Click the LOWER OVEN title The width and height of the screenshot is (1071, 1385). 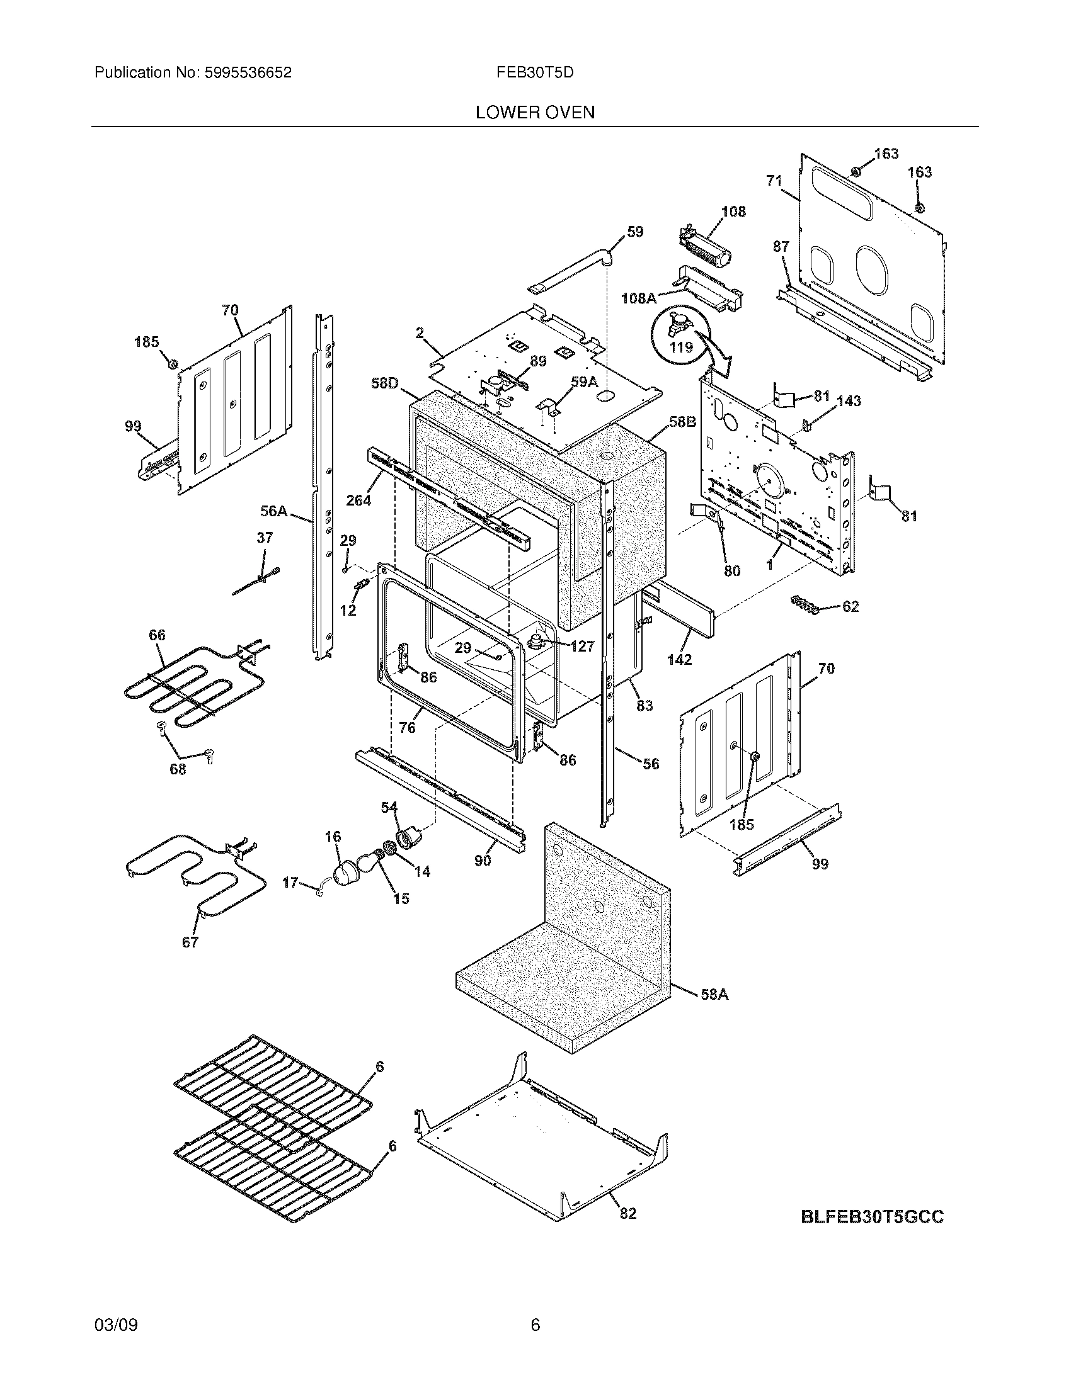point(535,113)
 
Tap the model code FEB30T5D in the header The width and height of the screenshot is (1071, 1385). point(535,73)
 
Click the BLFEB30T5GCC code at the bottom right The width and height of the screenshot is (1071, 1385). point(872,1217)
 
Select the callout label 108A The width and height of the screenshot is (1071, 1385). point(638,297)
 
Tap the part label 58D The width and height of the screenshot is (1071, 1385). point(384,383)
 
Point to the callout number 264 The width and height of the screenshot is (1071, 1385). point(358,500)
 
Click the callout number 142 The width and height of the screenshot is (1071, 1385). point(679,660)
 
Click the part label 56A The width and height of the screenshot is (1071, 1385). point(273,511)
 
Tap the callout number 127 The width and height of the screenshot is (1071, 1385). point(582,646)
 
